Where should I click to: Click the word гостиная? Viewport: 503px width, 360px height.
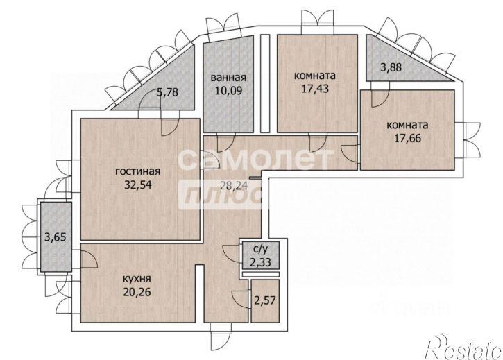tap(137, 171)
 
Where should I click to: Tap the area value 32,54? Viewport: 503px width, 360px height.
tap(137, 185)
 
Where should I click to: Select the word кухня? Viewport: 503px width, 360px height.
tap(137, 279)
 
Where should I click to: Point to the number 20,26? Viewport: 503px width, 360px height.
tap(137, 292)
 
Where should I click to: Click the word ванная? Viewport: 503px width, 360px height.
tap(228, 78)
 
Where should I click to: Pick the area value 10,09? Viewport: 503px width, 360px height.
tap(228, 90)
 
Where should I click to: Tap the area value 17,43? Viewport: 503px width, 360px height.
tap(315, 89)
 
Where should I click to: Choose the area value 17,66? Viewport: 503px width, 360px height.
tap(407, 138)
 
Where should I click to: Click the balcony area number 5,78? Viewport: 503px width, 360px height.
tap(167, 93)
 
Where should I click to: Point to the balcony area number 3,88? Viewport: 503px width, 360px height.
tap(391, 68)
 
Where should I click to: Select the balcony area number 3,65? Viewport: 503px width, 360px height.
tap(56, 237)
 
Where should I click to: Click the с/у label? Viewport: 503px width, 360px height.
tap(260, 249)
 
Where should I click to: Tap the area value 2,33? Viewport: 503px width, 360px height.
tap(260, 262)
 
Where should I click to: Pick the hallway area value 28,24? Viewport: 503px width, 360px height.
tap(233, 185)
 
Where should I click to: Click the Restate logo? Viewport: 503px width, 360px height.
tap(463, 347)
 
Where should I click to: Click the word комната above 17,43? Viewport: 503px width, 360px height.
tap(315, 76)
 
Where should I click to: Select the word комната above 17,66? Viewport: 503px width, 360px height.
tap(407, 125)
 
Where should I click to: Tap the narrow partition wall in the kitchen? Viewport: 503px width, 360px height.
tap(200, 293)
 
